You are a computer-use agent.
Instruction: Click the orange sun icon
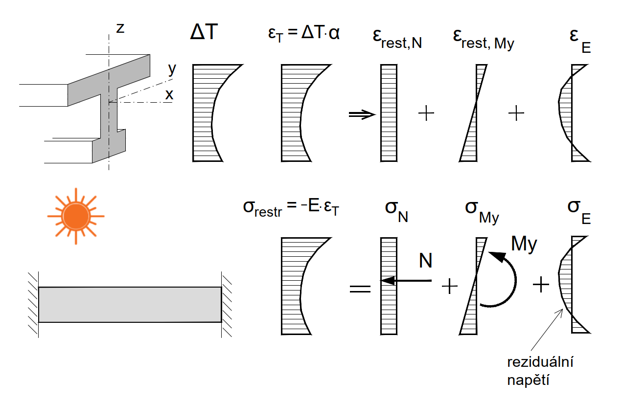click(76, 216)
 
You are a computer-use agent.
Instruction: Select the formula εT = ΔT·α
click(300, 35)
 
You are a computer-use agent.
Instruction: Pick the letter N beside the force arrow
click(425, 261)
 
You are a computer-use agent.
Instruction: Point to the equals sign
click(361, 288)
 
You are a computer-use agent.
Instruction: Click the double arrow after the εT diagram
click(362, 114)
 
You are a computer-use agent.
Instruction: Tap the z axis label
click(120, 28)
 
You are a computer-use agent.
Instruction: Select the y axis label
click(171, 69)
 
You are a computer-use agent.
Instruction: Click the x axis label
click(169, 95)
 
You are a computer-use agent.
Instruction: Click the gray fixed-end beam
click(130, 304)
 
